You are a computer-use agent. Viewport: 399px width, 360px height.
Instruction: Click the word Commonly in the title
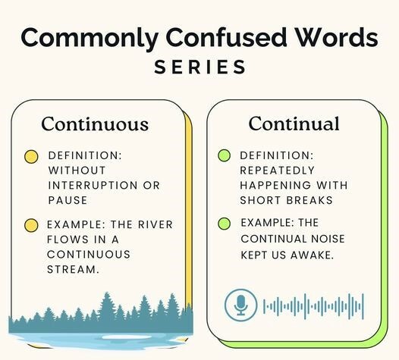(x=90, y=39)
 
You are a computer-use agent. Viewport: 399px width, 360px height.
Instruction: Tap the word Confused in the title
(x=227, y=37)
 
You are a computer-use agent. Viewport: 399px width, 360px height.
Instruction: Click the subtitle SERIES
(x=200, y=67)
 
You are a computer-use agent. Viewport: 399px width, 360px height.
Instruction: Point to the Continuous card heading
(x=95, y=124)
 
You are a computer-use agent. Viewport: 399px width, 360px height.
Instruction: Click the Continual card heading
(x=294, y=124)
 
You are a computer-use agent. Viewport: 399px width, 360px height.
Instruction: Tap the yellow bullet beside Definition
(x=31, y=157)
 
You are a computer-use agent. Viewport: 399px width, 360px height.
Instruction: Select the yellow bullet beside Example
(x=31, y=225)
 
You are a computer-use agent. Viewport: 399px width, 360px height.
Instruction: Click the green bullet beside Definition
(x=225, y=155)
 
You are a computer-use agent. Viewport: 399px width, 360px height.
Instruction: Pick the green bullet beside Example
(x=225, y=224)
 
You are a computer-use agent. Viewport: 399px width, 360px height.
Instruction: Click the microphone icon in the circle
(x=240, y=305)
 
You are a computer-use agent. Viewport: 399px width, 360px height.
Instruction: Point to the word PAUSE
(x=68, y=200)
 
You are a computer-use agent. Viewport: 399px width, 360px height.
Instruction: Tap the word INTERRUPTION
(x=93, y=186)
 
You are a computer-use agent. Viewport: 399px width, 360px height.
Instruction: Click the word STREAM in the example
(x=73, y=270)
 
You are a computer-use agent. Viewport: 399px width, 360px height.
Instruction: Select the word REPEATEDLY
(x=278, y=171)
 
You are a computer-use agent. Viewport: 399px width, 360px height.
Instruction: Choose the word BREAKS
(x=309, y=200)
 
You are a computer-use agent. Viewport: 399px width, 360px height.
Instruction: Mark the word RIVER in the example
(x=156, y=225)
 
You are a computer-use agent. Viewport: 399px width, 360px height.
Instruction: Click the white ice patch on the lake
(x=127, y=337)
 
